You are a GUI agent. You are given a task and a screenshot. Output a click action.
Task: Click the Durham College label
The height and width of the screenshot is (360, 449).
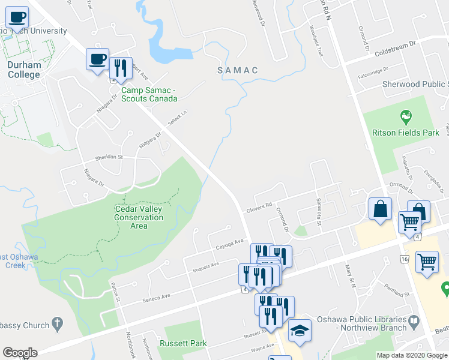24,70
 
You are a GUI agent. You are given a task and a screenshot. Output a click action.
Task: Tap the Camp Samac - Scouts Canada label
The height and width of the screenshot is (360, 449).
149,94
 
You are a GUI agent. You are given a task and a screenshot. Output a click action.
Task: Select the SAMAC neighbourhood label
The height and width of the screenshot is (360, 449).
238,71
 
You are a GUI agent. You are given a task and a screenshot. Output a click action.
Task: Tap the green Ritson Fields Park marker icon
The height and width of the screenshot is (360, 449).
406,115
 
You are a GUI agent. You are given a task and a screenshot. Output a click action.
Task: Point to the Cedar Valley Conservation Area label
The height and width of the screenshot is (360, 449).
139,217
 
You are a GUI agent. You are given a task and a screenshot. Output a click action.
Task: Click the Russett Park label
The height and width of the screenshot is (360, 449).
183,344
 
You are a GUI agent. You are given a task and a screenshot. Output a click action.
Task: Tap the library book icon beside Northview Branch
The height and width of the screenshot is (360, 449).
414,323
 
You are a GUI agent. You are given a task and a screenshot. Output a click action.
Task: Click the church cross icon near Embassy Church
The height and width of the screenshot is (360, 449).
57,325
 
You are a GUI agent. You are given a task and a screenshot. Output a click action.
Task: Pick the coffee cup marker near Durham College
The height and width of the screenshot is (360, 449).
97,59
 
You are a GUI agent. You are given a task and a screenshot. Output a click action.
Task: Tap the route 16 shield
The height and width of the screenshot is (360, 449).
405,258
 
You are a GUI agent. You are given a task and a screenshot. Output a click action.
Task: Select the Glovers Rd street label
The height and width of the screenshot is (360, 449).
259,208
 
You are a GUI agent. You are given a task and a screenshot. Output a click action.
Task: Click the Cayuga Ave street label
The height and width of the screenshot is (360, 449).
231,245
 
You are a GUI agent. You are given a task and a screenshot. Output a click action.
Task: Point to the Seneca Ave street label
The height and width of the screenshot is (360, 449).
157,296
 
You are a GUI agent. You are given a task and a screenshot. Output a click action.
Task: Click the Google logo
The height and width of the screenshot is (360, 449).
19,353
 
